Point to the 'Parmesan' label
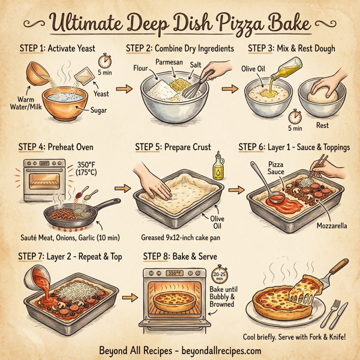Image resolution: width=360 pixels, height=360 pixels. (x=170, y=62)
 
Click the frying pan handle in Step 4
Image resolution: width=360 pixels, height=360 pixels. (x=108, y=205)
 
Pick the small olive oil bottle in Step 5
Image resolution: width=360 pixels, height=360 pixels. (x=217, y=166)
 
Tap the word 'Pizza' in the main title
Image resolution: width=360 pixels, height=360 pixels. (x=224, y=25)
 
